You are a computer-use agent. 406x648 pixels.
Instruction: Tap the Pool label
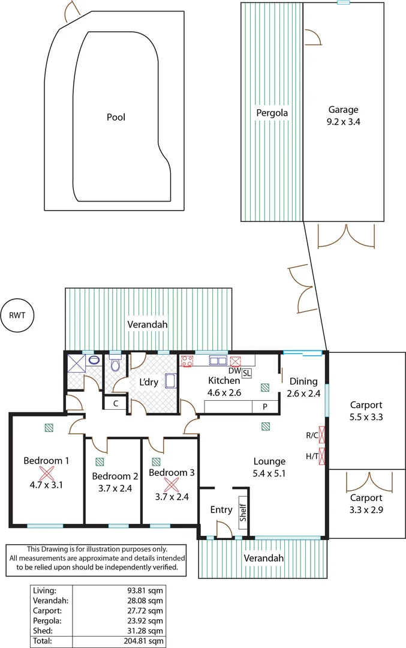(x=116, y=117)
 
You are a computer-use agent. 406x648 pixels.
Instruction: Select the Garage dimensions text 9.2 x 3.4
(x=343, y=121)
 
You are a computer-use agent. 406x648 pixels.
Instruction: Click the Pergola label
(x=272, y=112)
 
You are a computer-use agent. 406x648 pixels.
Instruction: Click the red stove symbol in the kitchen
(x=187, y=361)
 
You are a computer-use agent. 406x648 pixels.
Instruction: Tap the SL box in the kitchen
(x=247, y=373)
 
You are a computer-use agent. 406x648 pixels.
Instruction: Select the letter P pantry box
(x=264, y=406)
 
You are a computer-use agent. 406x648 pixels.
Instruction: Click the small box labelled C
(x=115, y=403)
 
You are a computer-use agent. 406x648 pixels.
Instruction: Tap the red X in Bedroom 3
(x=172, y=484)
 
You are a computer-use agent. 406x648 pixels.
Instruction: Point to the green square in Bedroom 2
(x=99, y=462)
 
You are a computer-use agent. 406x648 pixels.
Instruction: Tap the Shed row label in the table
(x=41, y=631)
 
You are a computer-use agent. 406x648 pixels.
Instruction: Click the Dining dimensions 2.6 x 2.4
(x=303, y=394)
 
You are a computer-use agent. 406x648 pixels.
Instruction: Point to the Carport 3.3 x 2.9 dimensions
(x=366, y=509)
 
